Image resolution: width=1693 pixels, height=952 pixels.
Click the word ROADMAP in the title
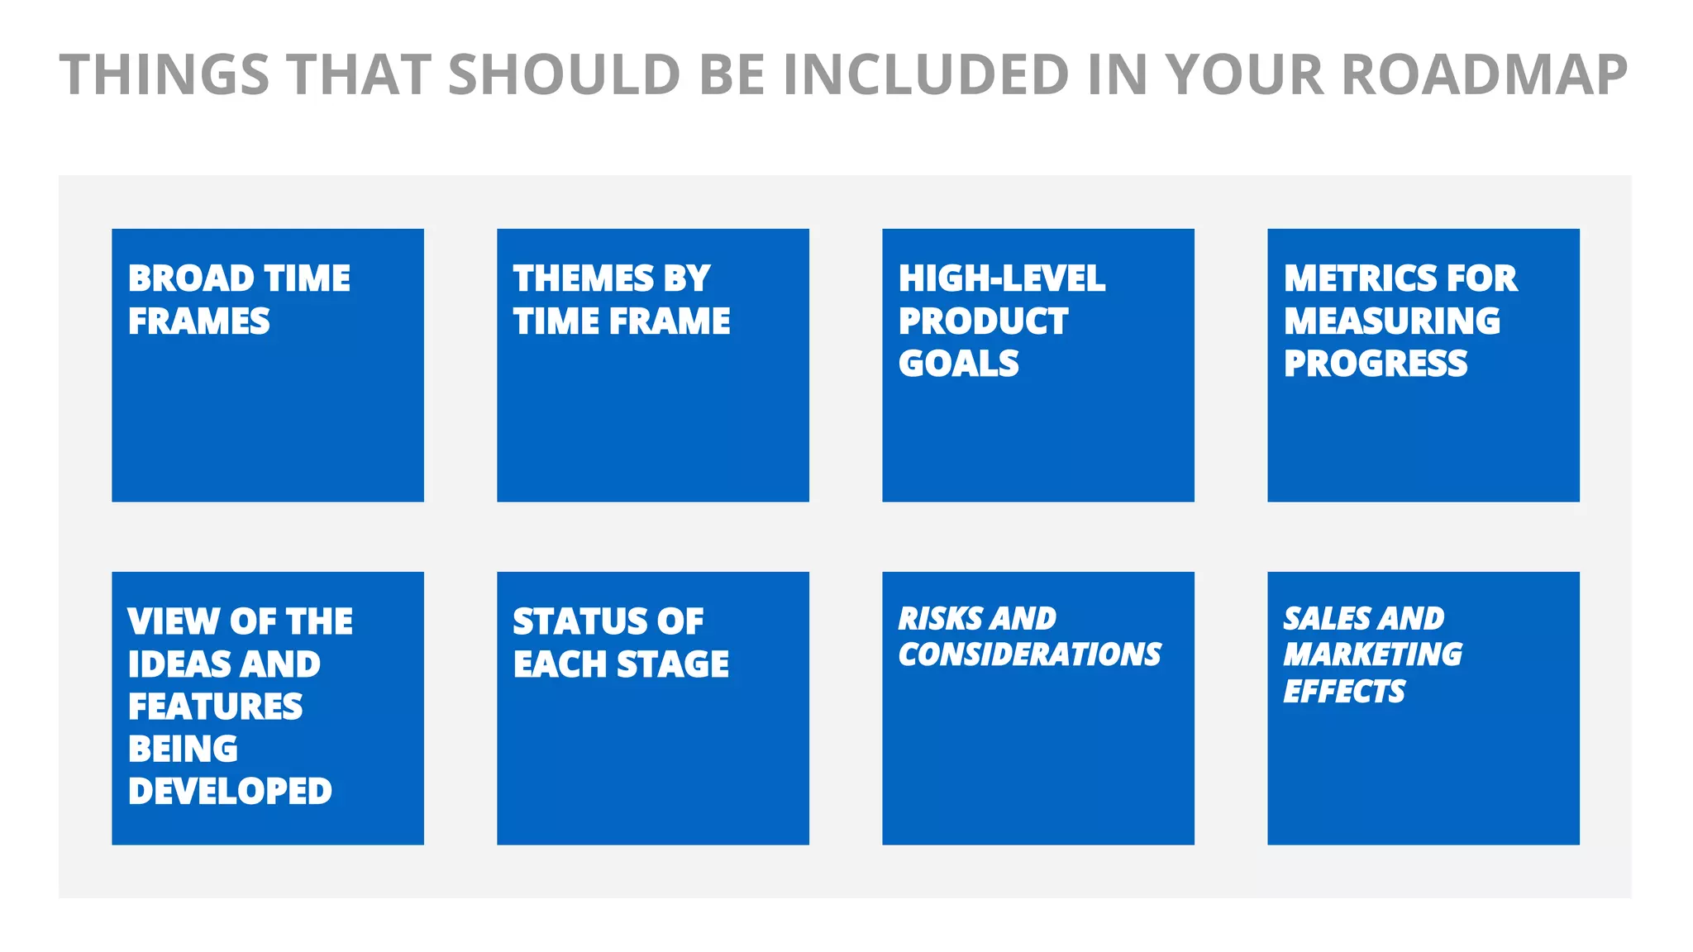tap(1484, 75)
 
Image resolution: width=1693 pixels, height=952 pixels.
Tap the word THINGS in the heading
tap(165, 75)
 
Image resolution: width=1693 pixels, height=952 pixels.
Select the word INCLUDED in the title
tap(926, 75)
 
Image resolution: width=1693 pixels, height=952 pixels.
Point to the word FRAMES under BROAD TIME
tap(199, 321)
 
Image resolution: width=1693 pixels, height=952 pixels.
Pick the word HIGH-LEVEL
tap(1002, 278)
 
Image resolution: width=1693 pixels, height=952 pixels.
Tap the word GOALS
tap(959, 364)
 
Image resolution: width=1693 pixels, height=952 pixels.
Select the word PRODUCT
tap(984, 321)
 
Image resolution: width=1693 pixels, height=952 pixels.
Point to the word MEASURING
tap(1392, 321)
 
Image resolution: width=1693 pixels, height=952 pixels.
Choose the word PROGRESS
tap(1376, 364)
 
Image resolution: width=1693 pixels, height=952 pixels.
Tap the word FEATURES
tap(216, 707)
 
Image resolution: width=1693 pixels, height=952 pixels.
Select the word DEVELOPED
tap(231, 791)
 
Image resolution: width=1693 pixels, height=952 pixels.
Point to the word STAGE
tap(673, 664)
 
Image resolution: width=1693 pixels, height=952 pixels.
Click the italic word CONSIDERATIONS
tap(1030, 654)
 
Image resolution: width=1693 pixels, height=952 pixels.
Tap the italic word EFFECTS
tap(1344, 691)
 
